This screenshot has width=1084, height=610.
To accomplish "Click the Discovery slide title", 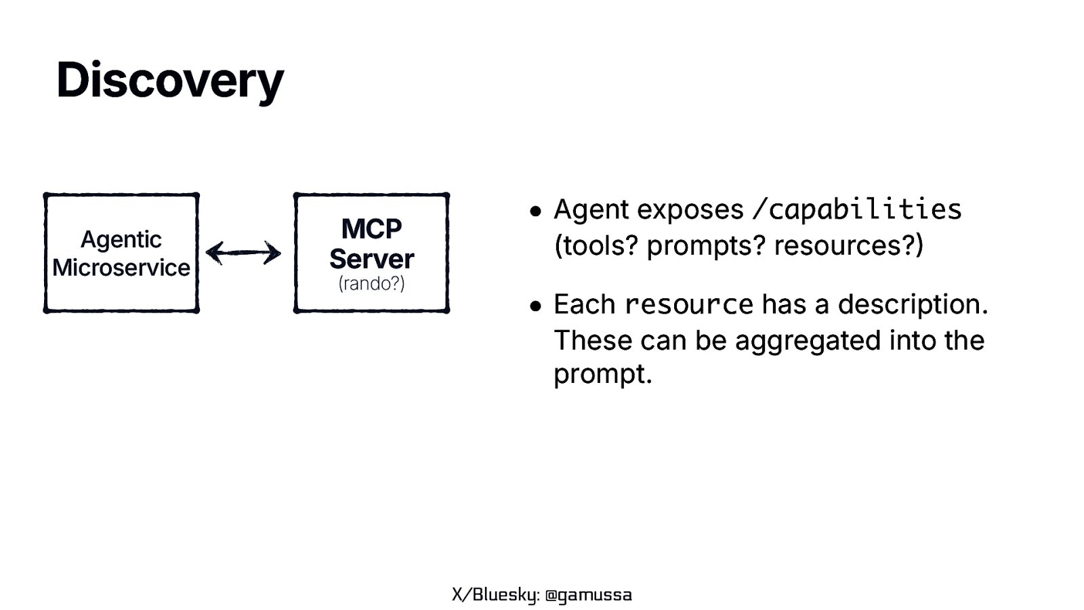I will [x=169, y=80].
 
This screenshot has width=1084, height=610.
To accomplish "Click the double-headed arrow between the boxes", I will [x=243, y=253].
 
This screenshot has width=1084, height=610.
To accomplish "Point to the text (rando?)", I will [x=371, y=283].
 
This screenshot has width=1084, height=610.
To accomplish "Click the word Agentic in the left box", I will [x=121, y=239].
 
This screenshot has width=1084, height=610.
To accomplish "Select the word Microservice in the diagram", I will [x=121, y=268].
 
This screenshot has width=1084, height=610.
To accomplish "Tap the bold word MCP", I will [x=371, y=228].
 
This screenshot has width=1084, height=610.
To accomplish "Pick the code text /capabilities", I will [x=856, y=209].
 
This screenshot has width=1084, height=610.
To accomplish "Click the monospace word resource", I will [x=688, y=304].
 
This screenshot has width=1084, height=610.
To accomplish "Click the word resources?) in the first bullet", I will [x=848, y=245].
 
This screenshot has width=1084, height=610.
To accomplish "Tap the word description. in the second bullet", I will [x=913, y=304].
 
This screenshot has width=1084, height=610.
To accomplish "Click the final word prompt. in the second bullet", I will [x=602, y=374].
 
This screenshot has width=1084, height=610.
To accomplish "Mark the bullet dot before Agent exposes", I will [x=536, y=211].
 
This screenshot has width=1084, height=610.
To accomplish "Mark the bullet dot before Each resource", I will [x=536, y=306].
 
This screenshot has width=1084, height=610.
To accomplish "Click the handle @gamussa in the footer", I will [x=588, y=595].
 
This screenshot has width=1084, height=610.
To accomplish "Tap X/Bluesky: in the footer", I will [x=495, y=595].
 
